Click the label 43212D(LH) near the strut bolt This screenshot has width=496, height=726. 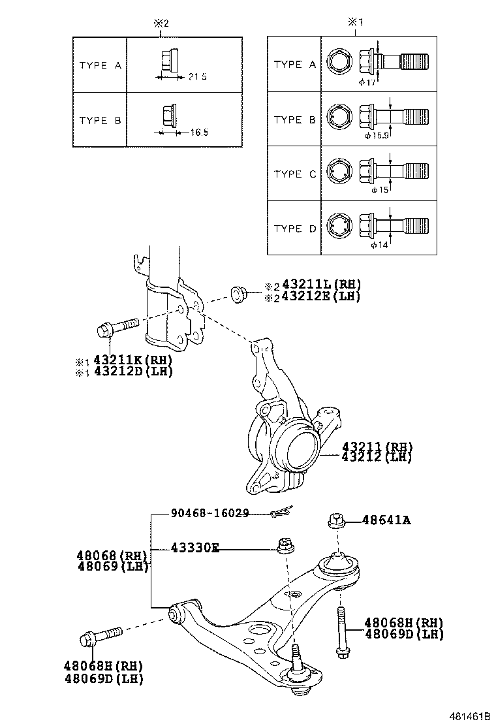(132, 371)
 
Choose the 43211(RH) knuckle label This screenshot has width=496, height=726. (377, 447)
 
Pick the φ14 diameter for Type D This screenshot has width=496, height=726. (379, 245)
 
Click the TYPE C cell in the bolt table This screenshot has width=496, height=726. (294, 174)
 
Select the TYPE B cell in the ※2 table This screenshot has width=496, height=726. (100, 121)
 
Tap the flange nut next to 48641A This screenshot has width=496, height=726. (335, 520)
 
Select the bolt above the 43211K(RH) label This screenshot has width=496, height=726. (117, 326)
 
